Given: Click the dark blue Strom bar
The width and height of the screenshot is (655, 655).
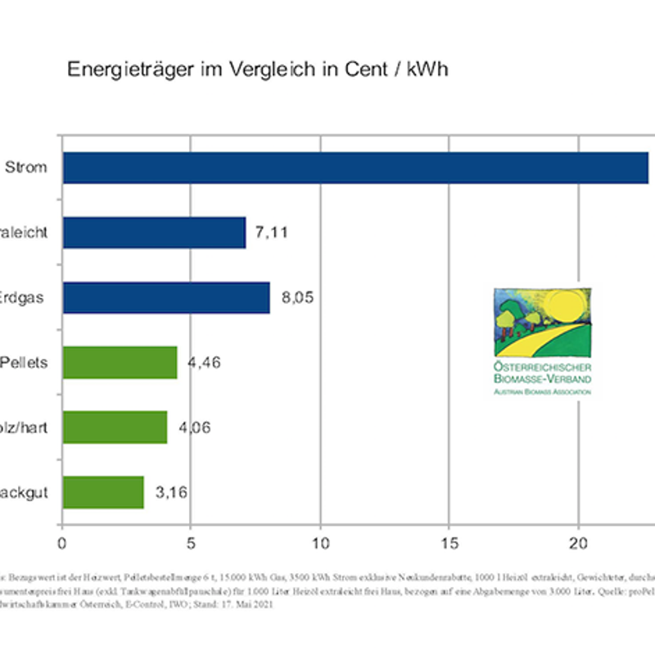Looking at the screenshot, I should (x=356, y=168).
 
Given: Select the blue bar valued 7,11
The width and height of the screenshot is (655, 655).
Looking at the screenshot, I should (x=154, y=233).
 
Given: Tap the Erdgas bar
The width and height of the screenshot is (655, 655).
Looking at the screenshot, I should (x=166, y=297).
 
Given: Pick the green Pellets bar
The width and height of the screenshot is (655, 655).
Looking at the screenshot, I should (x=120, y=362).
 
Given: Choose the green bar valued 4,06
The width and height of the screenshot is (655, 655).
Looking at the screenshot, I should (x=115, y=427).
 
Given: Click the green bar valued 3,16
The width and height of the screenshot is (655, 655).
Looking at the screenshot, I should (x=103, y=492).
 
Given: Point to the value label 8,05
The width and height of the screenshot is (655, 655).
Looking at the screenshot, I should (x=298, y=297).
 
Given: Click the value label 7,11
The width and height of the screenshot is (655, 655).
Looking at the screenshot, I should (x=272, y=233).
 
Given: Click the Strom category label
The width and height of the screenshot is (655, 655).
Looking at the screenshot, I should (x=25, y=168).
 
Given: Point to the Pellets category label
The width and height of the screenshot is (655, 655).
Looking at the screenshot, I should (x=25, y=362).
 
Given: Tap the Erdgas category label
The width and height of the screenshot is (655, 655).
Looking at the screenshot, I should (x=23, y=297).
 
